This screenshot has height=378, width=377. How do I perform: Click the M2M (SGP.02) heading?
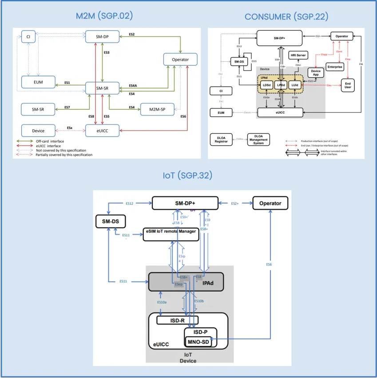[x=104, y=16]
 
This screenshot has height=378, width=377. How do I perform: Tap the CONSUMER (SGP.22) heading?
[x=286, y=17]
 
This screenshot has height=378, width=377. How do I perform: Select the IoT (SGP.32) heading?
[x=187, y=175]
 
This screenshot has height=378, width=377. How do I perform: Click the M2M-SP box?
[x=157, y=109]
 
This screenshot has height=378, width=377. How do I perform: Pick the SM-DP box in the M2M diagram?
[x=102, y=36]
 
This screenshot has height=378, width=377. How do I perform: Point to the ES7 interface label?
[x=67, y=107]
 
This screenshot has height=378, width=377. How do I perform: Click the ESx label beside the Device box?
[x=70, y=128]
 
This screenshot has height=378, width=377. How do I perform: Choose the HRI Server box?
[x=299, y=55]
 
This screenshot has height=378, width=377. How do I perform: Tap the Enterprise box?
[x=335, y=67]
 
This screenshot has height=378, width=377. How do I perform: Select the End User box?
[x=348, y=85]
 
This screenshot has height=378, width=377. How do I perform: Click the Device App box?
[x=316, y=73]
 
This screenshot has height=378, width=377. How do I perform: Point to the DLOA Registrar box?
[x=222, y=139]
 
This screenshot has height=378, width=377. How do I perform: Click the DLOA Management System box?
[x=258, y=140]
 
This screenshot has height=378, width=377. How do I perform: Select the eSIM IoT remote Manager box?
[x=171, y=234]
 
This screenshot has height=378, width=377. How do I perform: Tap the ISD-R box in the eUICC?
[x=177, y=320]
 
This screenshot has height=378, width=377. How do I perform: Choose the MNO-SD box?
[x=198, y=342]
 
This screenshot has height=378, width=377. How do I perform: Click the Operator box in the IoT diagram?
[x=270, y=203]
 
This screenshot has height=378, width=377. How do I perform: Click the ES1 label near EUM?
[x=67, y=83]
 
